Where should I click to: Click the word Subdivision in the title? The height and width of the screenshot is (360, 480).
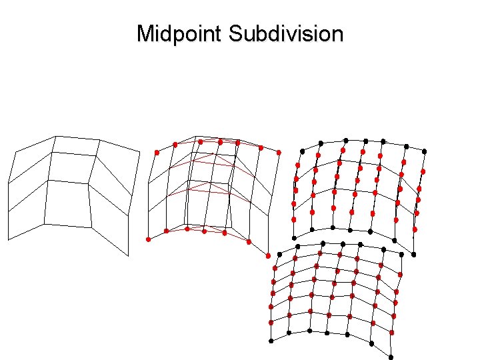tap(286, 33)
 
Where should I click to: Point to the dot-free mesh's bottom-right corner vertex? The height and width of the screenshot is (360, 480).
tap(127, 255)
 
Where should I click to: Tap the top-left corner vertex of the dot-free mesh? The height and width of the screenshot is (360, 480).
tap(15, 152)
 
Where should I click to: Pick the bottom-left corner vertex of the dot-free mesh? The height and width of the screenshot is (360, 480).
tap(8, 239)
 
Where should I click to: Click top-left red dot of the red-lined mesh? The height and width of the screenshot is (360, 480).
tap(157, 153)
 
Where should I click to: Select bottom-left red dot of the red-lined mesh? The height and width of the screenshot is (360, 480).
tap(149, 239)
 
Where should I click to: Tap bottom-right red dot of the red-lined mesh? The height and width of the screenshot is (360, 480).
tap(268, 255)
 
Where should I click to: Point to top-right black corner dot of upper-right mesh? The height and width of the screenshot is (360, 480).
tap(425, 151)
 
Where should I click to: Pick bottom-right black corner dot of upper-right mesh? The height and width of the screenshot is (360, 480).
tap(414, 254)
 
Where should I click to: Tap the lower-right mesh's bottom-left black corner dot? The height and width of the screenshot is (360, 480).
tap(271, 341)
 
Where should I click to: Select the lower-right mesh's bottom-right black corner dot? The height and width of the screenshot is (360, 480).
tap(391, 357)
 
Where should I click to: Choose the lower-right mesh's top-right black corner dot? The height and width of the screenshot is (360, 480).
tap(402, 255)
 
